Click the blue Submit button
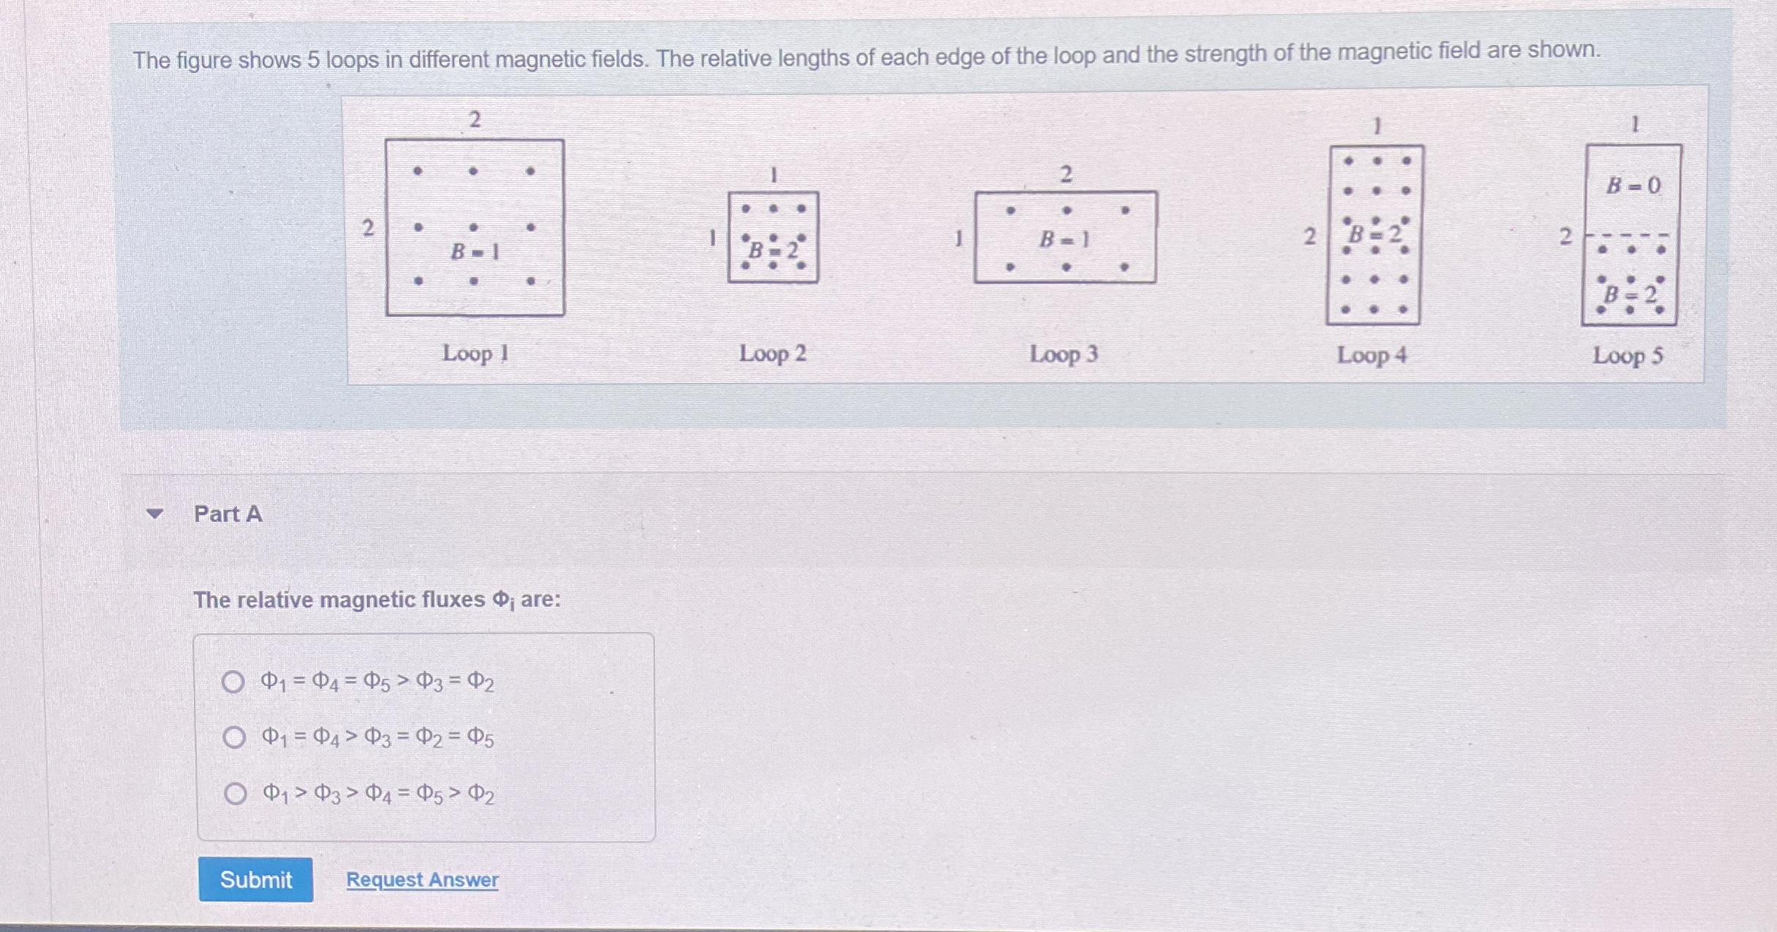pyautogui.click(x=255, y=879)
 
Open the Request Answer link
pyautogui.click(x=422, y=879)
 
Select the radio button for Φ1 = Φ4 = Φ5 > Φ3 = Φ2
pyautogui.click(x=233, y=682)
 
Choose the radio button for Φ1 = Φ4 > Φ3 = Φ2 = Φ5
pyautogui.click(x=233, y=737)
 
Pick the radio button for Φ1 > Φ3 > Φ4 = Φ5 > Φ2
pyautogui.click(x=235, y=793)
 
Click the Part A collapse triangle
pyautogui.click(x=154, y=514)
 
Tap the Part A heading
pyautogui.click(x=228, y=514)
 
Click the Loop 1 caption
pyautogui.click(x=476, y=354)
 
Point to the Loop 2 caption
pyautogui.click(x=772, y=354)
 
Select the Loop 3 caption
pyautogui.click(x=1063, y=354)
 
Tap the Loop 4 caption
pyautogui.click(x=1372, y=356)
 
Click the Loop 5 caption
pyautogui.click(x=1628, y=356)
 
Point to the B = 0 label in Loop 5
pyautogui.click(x=1633, y=186)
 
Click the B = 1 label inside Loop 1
pyautogui.click(x=475, y=252)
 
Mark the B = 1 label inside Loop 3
pyautogui.click(x=1065, y=239)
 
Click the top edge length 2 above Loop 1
pyautogui.click(x=475, y=119)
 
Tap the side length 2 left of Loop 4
pyautogui.click(x=1309, y=236)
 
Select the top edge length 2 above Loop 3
pyautogui.click(x=1066, y=174)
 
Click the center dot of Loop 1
pyautogui.click(x=474, y=227)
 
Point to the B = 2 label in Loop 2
pyautogui.click(x=773, y=250)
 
